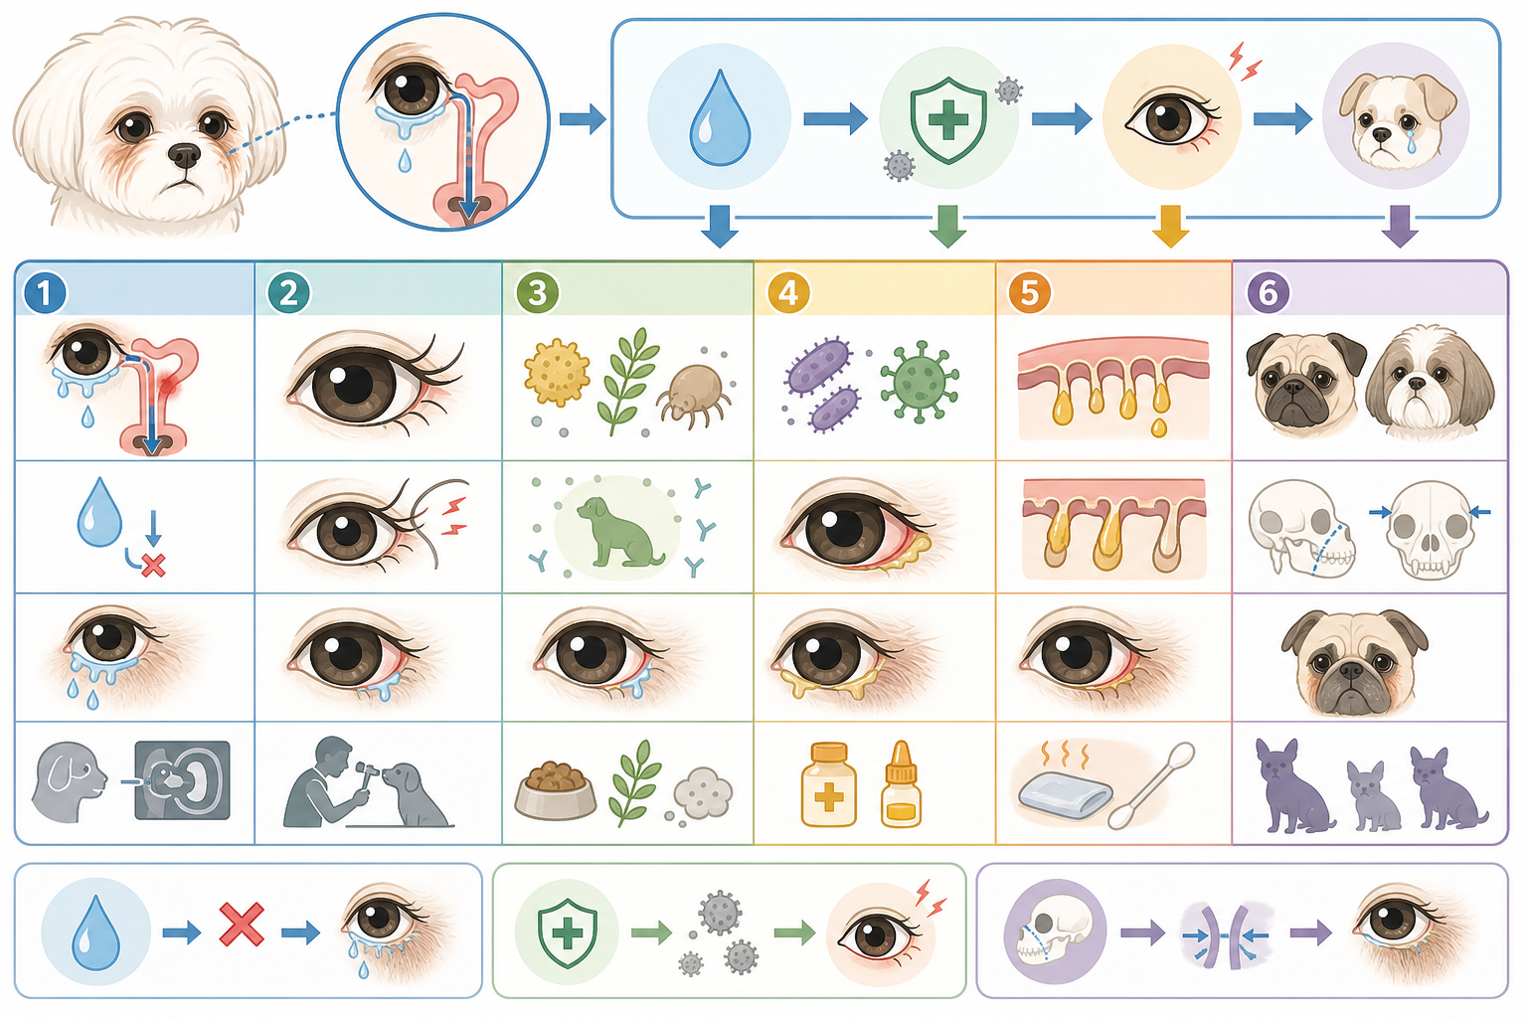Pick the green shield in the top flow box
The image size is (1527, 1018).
pos(948,120)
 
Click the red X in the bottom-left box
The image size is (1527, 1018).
pos(242,925)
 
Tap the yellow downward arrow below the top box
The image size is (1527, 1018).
pos(1170,227)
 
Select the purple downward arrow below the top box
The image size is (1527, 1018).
pos(1400,227)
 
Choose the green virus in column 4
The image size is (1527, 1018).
pos(920,381)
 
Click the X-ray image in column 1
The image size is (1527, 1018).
pos(183,780)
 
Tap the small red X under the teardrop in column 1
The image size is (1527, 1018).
pos(153,566)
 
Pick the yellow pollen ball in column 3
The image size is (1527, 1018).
pos(557,372)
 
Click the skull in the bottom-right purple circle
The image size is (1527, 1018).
pos(1053,933)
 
